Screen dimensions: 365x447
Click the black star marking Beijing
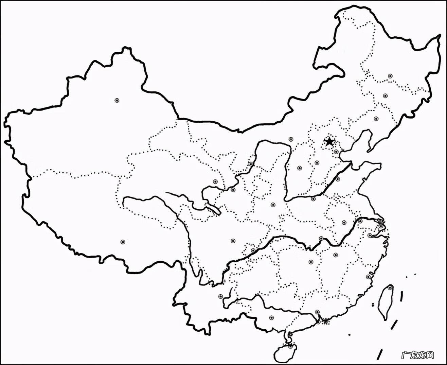[x=329, y=141]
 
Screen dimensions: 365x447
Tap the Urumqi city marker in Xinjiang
[x=117, y=100]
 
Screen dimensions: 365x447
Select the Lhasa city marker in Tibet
[x=123, y=242]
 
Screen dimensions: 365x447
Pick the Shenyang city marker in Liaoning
[x=376, y=119]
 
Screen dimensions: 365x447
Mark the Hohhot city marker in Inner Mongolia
[x=291, y=139]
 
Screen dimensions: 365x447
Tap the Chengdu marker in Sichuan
[x=233, y=241]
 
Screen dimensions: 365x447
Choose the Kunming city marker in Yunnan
[x=220, y=296]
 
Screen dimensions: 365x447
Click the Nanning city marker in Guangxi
[x=271, y=318]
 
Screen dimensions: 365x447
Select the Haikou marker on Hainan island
[x=290, y=346]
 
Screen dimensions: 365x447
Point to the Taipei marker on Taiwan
[x=390, y=288]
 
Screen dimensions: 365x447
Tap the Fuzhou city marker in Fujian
[x=368, y=277]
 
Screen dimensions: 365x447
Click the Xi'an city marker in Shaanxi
[x=273, y=205]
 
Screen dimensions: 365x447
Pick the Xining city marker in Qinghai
[x=215, y=182]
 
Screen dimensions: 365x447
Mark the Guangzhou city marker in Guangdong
[x=317, y=312]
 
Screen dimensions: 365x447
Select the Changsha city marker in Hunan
[x=311, y=262]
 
